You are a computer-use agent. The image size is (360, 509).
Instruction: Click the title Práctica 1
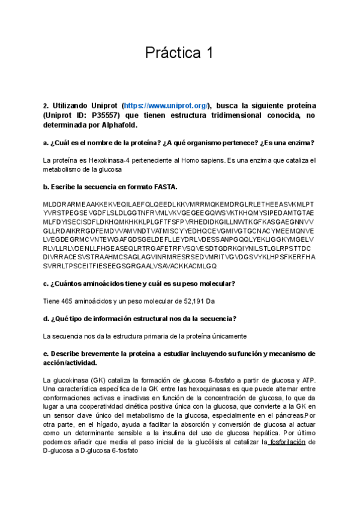coord(179,53)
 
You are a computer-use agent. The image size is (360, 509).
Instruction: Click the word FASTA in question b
coord(157,187)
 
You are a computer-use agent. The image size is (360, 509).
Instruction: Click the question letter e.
coord(46,354)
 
